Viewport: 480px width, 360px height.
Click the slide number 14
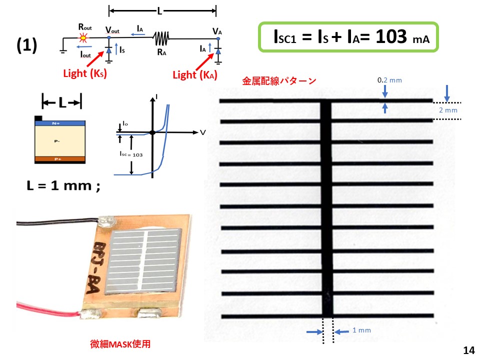468,350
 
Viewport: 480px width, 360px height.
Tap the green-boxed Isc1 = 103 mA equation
348,37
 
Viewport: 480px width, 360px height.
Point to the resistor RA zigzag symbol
161,37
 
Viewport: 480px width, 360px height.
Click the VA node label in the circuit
217,31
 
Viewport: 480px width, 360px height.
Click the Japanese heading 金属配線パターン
279,80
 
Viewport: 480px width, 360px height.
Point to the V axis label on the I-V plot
203,132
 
